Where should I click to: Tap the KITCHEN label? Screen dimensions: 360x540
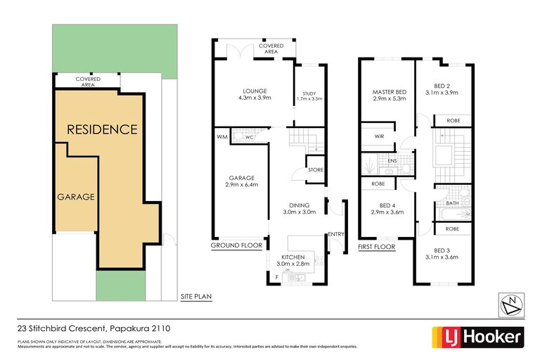[295, 257]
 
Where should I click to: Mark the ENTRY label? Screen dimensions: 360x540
[335, 234]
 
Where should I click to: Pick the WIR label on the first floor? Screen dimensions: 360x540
[379, 136]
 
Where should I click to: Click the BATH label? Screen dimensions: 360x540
[453, 204]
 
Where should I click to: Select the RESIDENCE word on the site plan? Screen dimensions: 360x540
[101, 129]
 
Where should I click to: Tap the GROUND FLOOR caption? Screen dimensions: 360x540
[237, 247]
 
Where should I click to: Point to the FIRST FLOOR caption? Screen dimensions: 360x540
[377, 247]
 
